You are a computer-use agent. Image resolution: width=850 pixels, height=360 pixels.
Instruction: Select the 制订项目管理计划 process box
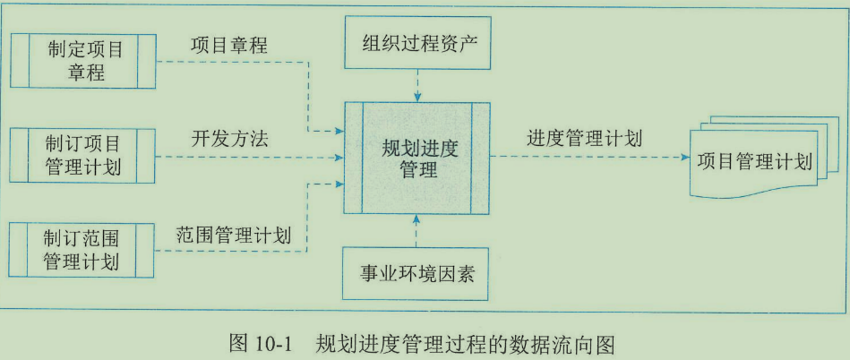coord(82,154)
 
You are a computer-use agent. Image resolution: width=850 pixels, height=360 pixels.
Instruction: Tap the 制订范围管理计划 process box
coord(82,249)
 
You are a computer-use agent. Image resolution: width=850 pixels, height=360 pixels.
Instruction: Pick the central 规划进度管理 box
coord(416,159)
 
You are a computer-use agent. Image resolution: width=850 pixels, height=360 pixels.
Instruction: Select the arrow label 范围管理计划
coord(232,236)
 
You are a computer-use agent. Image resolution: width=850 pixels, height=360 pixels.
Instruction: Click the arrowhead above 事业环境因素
coord(416,219)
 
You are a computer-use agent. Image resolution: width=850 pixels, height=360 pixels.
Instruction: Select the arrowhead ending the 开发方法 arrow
coord(339,158)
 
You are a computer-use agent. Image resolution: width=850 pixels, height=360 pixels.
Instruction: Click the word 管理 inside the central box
coord(416,169)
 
